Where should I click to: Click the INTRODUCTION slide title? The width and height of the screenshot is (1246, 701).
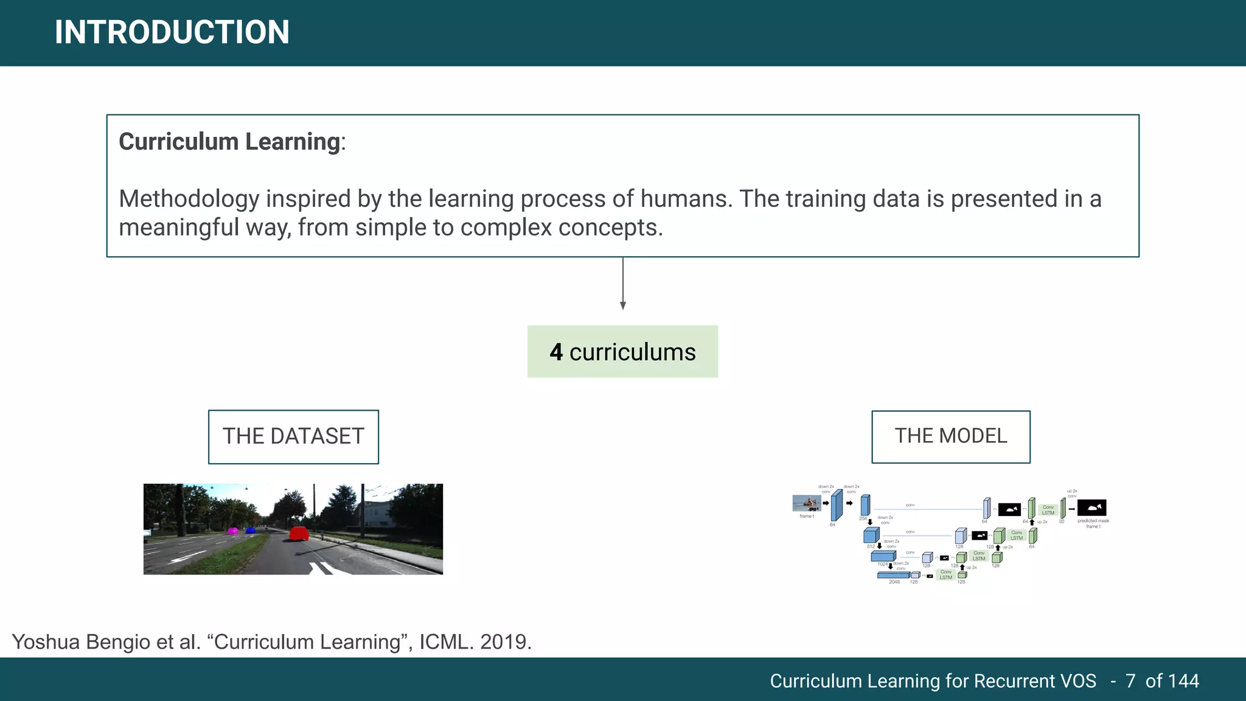(172, 32)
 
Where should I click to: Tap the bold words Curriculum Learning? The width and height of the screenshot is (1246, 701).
(229, 142)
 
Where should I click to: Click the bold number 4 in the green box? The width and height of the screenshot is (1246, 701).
(556, 352)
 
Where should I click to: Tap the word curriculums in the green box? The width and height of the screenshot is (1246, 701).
(632, 352)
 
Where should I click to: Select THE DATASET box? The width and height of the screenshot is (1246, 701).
(293, 437)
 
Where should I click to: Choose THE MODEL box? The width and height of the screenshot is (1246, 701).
(950, 436)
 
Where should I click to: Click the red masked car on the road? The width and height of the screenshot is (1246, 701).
(299, 534)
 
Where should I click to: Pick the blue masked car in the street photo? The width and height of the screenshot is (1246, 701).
(250, 531)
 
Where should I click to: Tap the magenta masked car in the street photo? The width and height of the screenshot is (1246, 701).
(232, 531)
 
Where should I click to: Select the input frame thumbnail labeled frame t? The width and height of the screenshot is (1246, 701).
(807, 503)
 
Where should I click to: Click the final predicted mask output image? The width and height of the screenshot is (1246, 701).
(1091, 507)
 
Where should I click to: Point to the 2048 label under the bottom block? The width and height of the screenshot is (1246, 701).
(894, 582)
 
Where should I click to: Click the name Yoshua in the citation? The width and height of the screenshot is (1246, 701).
(46, 642)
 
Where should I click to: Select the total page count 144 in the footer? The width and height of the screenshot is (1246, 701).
(1183, 681)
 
